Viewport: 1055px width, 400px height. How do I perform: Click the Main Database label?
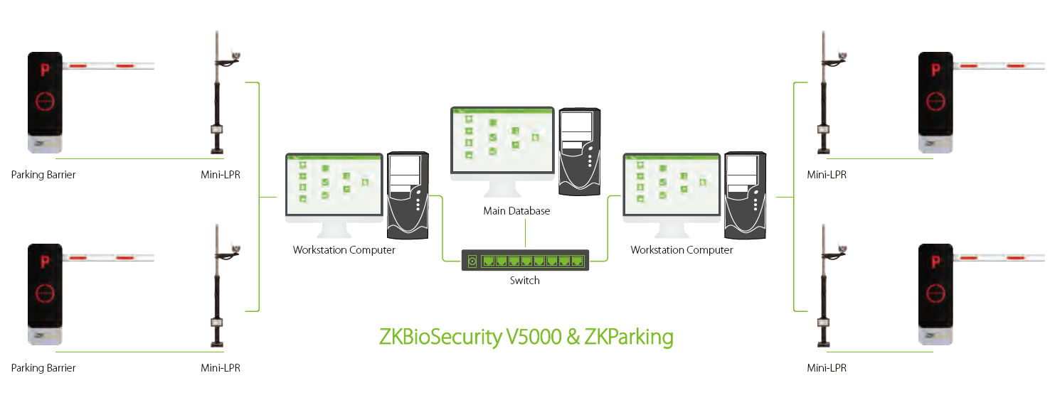pos(516,211)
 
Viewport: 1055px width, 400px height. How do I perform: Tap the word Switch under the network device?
pos(524,281)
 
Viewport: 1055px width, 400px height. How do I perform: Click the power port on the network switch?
pos(472,261)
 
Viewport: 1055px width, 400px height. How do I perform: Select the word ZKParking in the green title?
pos(628,336)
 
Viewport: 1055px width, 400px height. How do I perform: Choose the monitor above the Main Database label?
pos(502,142)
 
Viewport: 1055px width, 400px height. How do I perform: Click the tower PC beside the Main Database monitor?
pos(580,151)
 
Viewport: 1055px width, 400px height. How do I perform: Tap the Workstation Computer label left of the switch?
pos(344,250)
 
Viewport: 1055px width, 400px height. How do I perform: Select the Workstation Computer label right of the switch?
pos(682,250)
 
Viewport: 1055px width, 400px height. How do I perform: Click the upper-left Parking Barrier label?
pos(43,175)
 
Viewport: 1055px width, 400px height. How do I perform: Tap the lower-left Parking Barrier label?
pos(43,368)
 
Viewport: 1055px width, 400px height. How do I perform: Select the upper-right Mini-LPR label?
pos(827,175)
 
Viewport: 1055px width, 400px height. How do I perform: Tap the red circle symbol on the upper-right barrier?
pos(935,101)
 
